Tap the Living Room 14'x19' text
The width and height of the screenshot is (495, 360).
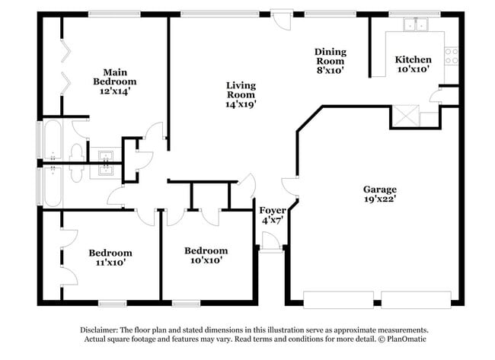point(240,94)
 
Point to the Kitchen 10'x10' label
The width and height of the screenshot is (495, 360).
point(413,64)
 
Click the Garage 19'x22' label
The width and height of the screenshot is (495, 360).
point(379,194)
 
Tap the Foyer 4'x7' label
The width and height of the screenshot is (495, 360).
point(273,215)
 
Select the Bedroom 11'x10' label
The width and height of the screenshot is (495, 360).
point(110,257)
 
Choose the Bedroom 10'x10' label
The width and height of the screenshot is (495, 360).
point(206,255)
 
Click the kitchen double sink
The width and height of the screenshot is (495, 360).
point(416,25)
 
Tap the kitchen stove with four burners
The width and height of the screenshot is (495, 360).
point(452,56)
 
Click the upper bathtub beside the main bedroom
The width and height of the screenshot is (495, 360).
point(52,139)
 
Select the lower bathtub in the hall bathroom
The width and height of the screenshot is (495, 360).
point(52,186)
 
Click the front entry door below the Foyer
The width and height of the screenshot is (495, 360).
point(270,242)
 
